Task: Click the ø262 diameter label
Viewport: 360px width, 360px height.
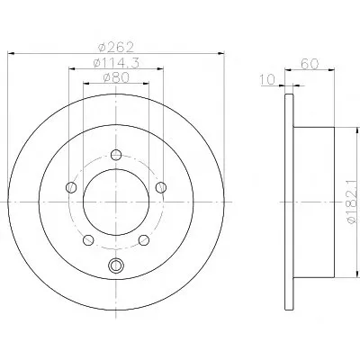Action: (x=116, y=47)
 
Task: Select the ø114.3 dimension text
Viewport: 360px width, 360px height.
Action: (x=116, y=63)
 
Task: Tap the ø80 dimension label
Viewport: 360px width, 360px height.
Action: (x=116, y=78)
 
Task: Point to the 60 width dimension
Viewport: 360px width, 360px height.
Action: (x=310, y=64)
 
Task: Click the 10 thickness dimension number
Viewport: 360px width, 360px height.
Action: (x=267, y=80)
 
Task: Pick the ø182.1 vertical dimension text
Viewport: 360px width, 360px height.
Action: (x=353, y=202)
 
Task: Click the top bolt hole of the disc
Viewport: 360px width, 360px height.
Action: (x=116, y=155)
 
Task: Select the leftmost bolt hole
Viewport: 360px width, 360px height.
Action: (x=71, y=187)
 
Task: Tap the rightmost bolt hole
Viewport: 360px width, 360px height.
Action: (x=161, y=187)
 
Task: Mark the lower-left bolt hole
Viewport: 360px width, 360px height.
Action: (x=88, y=239)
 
